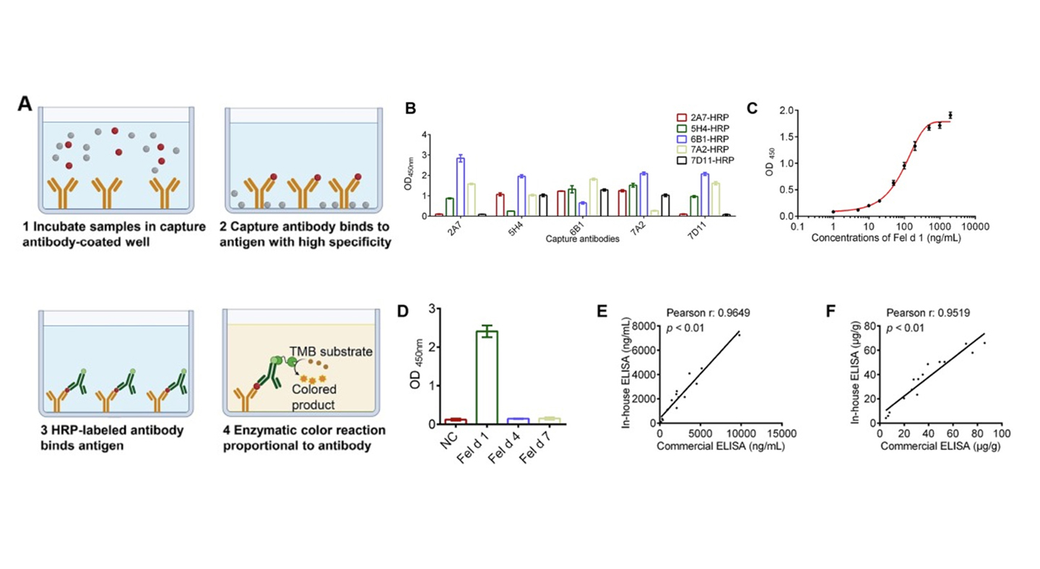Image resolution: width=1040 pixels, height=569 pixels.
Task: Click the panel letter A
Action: coord(25,104)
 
